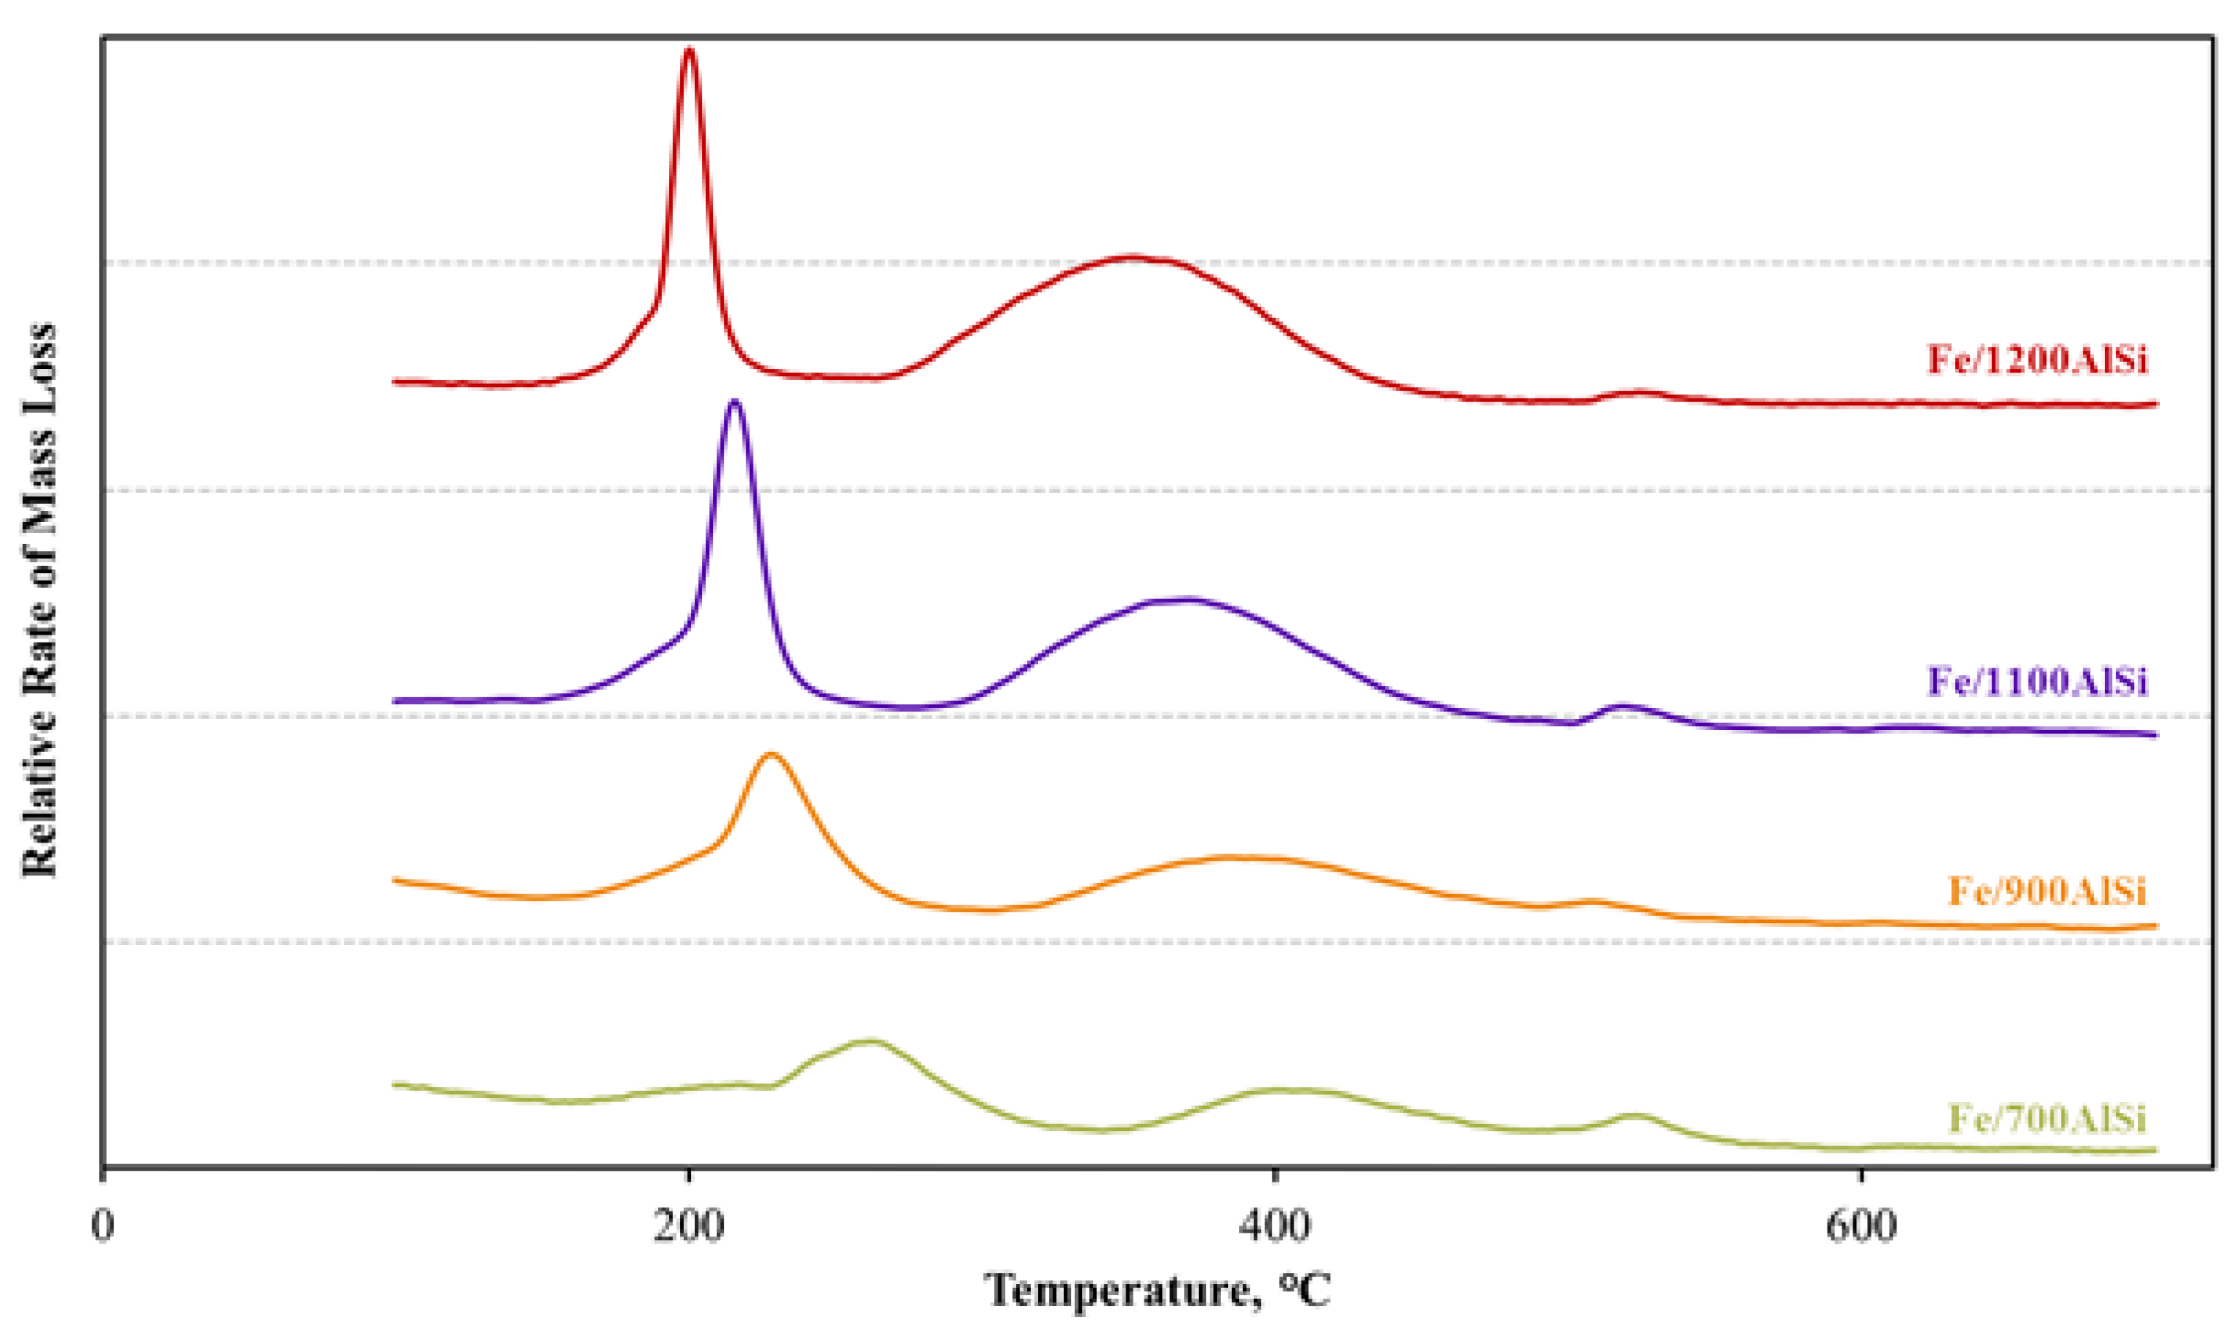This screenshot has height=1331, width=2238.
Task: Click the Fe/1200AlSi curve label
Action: [2037, 360]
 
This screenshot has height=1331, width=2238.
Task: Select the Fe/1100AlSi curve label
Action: [2037, 682]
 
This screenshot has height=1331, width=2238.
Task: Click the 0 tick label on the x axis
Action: [103, 1225]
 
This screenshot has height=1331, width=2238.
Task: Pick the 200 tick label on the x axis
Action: [688, 1225]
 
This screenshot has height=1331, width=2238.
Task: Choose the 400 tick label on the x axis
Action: [1273, 1225]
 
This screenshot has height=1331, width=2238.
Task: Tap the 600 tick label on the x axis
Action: [1861, 1225]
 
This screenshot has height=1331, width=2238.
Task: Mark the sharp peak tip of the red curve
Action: [689, 49]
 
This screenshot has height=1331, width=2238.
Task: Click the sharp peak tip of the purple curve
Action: [735, 401]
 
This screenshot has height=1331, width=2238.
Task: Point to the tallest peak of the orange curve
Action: [771, 754]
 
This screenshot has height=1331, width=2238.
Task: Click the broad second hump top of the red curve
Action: [1132, 257]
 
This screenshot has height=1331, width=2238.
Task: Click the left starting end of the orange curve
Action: [394, 880]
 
